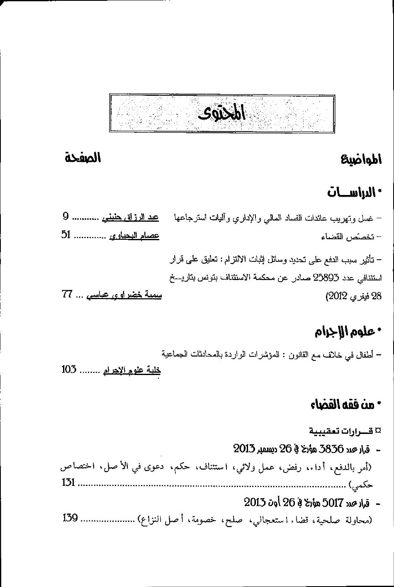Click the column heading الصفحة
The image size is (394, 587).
tap(83, 158)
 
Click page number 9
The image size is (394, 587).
tap(65, 216)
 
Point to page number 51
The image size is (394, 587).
tap(66, 235)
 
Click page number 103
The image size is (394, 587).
tap(69, 369)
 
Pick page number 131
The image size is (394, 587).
tap(68, 482)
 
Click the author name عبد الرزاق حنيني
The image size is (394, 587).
tap(130, 217)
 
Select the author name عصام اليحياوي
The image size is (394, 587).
tap(134, 236)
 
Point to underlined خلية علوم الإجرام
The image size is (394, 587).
tap(131, 370)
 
